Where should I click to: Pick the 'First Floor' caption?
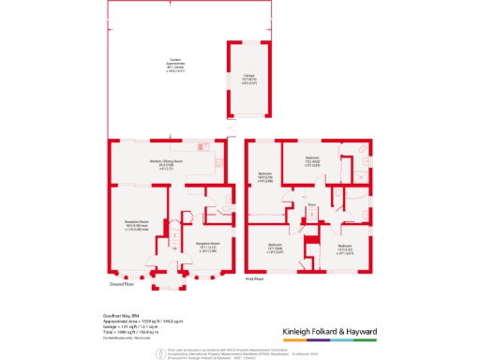click(257, 278)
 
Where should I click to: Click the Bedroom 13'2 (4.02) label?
click(313, 160)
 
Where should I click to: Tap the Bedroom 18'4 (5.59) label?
click(265, 176)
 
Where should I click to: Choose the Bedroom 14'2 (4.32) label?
click(345, 247)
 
